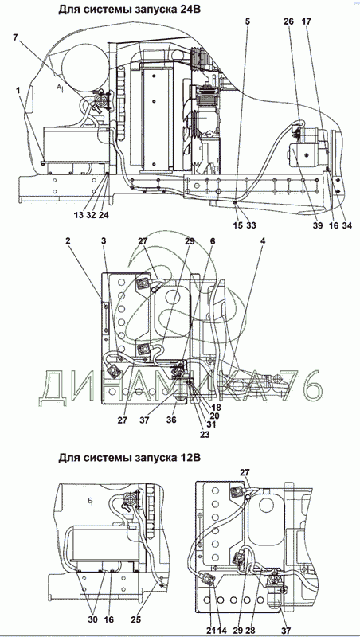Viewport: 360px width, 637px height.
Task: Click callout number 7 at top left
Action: tap(15, 37)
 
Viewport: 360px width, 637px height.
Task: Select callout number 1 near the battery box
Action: tap(18, 92)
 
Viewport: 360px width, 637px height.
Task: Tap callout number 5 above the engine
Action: tap(247, 21)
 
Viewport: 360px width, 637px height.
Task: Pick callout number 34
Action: tap(347, 225)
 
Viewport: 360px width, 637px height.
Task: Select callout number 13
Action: tap(79, 215)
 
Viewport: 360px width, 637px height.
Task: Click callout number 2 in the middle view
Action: tap(68, 240)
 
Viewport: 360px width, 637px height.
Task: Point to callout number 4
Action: tap(264, 240)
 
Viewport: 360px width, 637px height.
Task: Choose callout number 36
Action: tap(171, 420)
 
